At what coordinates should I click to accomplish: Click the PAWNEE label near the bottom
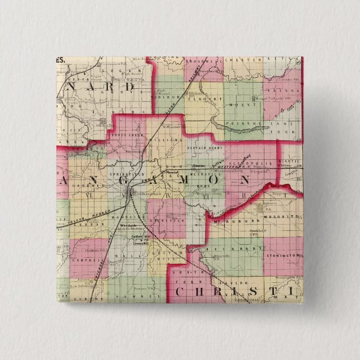[146, 299]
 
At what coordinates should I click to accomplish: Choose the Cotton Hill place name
[137, 236]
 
